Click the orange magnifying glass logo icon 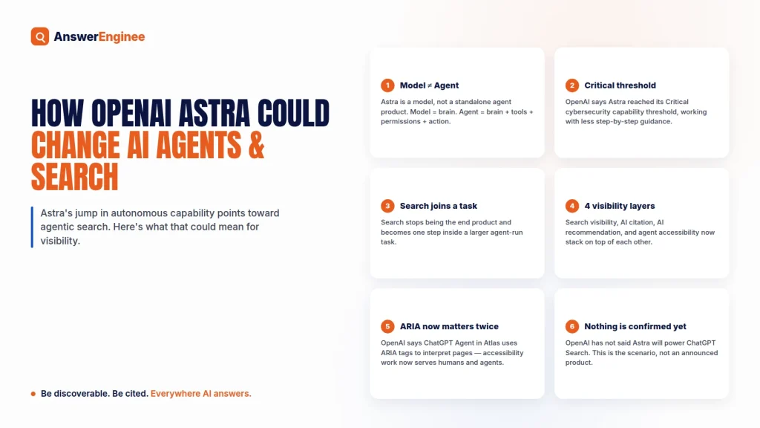[40, 36]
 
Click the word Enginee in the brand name [122, 37]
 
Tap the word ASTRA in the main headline [214, 113]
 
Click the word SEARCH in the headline [75, 177]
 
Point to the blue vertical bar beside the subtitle [32, 227]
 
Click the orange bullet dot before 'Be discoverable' [33, 394]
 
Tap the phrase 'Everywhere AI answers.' [200, 394]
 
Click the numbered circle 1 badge [387, 85]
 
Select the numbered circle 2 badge [572, 85]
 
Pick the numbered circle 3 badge [387, 206]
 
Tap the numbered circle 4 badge [572, 206]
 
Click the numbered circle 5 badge [387, 326]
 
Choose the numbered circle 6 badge [572, 326]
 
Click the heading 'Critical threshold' [620, 85]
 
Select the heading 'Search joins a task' [438, 206]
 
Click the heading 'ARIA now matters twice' [449, 326]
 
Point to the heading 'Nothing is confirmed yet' [635, 326]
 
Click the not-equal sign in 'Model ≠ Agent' [430, 86]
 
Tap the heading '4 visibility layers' [620, 206]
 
